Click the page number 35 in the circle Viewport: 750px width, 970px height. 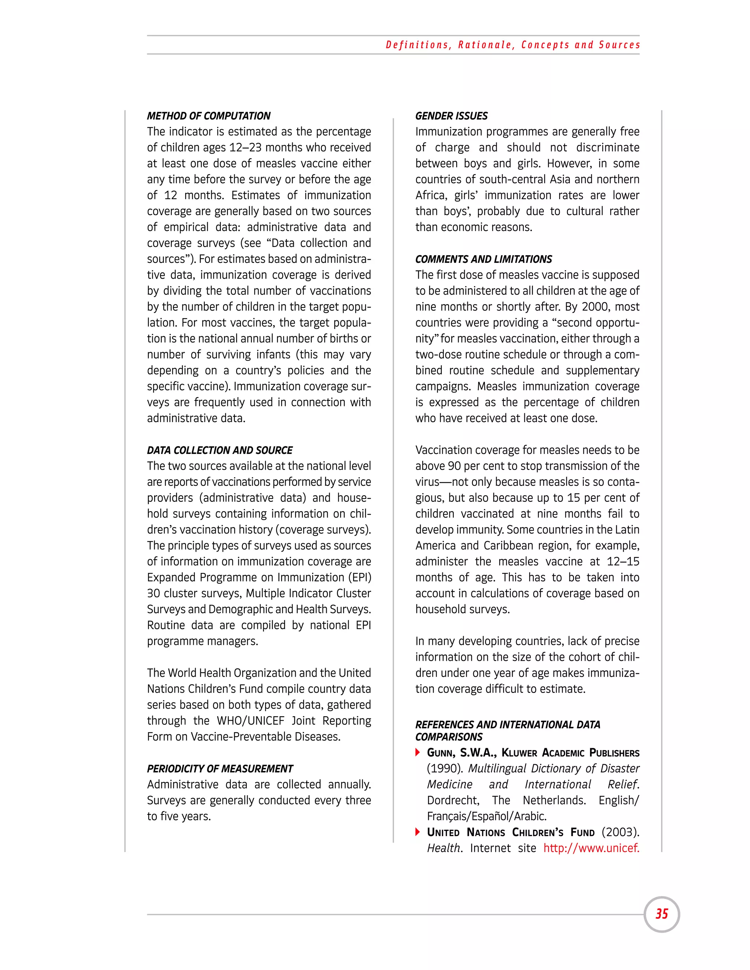click(x=662, y=914)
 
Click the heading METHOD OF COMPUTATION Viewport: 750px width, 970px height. click(x=208, y=116)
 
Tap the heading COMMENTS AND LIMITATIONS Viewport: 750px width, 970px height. click(x=483, y=260)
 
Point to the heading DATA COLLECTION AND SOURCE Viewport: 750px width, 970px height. click(x=219, y=450)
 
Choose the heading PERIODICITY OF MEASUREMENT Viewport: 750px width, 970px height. click(x=220, y=769)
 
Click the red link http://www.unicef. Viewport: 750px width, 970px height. click(x=591, y=848)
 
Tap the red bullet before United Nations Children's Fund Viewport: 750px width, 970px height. click(x=417, y=832)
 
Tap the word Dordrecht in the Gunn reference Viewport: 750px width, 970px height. click(x=452, y=801)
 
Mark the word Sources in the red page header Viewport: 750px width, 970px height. click(x=619, y=45)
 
